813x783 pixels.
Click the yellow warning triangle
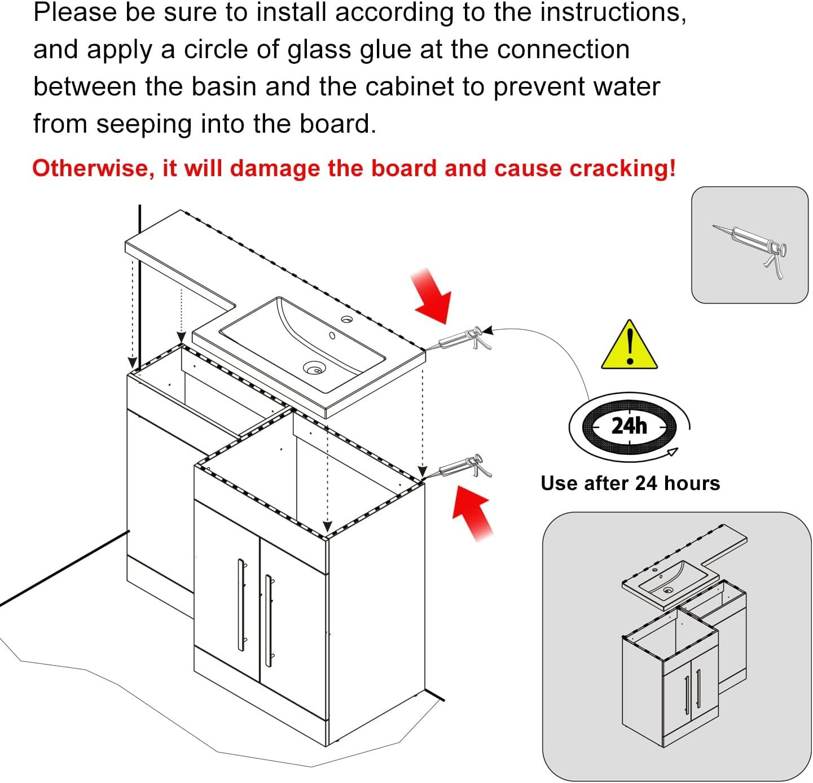click(x=629, y=346)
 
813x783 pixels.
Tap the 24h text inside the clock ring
click(x=629, y=426)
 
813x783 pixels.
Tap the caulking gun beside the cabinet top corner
click(x=464, y=466)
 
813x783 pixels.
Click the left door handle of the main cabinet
click(x=241, y=604)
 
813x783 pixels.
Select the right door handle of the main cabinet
click(x=270, y=620)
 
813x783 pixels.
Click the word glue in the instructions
click(x=385, y=50)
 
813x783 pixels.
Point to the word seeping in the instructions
click(x=143, y=125)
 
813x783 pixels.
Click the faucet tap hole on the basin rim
click(x=347, y=320)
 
